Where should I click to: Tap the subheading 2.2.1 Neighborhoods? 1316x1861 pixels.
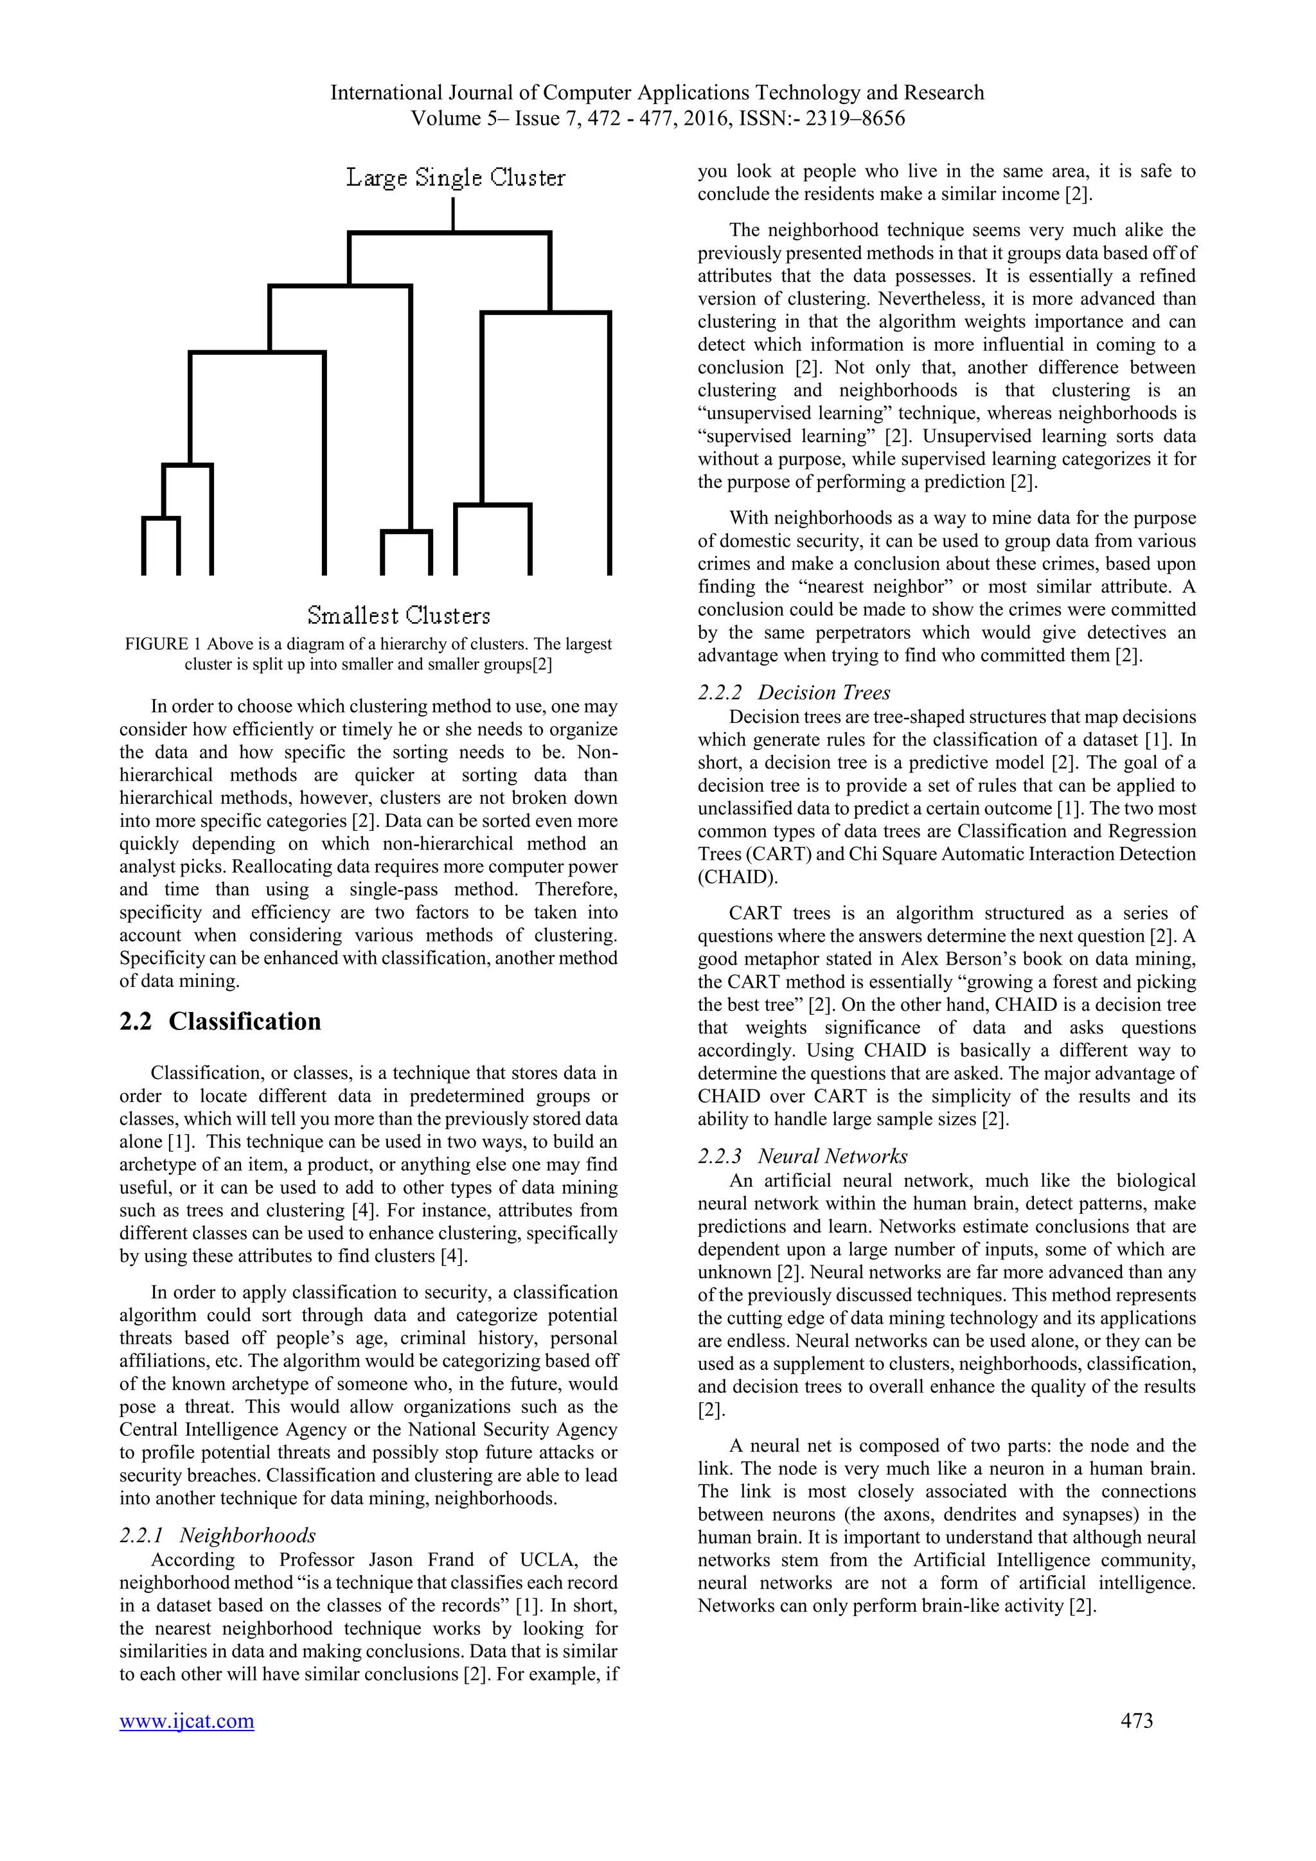[217, 1535]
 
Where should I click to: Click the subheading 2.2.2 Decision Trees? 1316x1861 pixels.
[794, 692]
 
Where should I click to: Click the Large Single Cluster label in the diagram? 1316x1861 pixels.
[456, 177]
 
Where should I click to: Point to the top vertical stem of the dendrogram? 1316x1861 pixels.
[453, 214]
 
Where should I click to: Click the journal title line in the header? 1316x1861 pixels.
[656, 93]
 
